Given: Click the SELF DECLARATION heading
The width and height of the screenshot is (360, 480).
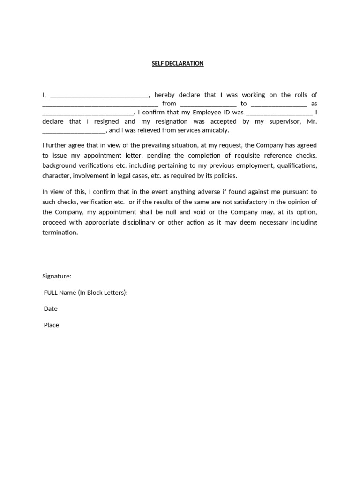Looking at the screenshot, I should coord(178,63).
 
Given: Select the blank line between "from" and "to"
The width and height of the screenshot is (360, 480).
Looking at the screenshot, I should coord(208,105).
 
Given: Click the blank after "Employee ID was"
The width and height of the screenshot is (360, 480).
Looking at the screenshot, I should coord(279,114).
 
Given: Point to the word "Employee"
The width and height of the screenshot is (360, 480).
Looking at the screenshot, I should coord(209,112).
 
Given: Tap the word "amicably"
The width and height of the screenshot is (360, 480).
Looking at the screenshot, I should coord(214,130).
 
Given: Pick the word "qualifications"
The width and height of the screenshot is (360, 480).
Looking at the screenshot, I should coord(297,166).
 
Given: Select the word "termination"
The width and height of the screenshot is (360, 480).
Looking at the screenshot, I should coord(60,232).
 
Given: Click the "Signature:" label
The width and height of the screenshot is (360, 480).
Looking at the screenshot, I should coord(57,277).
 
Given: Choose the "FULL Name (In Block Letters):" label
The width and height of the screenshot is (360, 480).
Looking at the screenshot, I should coord(86,292).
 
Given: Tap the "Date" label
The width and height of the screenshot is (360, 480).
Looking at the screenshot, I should coord(51,309).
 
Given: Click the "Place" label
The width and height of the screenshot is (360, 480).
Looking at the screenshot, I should coord(52,325).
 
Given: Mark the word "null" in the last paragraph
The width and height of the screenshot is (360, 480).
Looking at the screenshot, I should coord(178,212).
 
